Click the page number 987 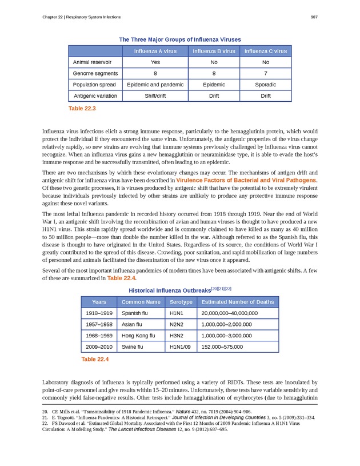(314, 17)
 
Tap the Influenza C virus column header (265, 51)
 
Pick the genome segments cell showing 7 (265, 73)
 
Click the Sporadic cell (265, 85)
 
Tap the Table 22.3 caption (81, 108)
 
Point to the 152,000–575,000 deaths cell (223, 346)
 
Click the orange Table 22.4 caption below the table (94, 360)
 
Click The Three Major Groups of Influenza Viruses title (179, 39)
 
